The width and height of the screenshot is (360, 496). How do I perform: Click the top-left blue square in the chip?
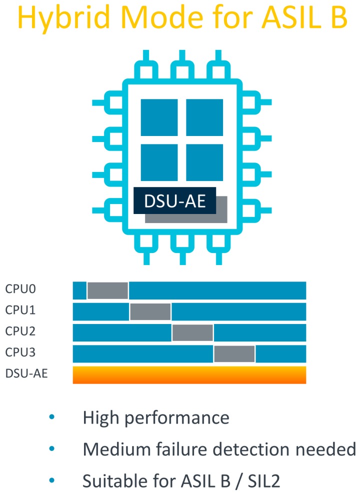tap(160, 117)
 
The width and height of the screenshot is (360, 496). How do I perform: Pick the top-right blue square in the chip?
tap(204, 117)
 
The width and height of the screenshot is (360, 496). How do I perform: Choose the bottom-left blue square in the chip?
tap(160, 162)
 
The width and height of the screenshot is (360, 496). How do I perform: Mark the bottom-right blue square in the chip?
tap(204, 162)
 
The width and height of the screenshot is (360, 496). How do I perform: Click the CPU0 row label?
tap(21, 289)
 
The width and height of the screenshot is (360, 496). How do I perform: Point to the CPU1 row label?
tap(21, 310)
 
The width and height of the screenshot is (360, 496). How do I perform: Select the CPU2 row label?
tap(21, 331)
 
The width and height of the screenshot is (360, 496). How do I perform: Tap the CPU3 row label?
tap(21, 352)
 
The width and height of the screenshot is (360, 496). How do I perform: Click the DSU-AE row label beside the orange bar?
tap(26, 373)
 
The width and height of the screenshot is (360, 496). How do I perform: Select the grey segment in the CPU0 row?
tap(107, 290)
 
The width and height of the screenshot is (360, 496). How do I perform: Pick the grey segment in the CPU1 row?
tap(150, 311)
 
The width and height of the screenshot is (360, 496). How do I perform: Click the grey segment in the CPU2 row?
tap(192, 332)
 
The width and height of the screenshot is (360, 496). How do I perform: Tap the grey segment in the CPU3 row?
tap(234, 353)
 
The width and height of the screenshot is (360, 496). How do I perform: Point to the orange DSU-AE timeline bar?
tap(189, 375)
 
